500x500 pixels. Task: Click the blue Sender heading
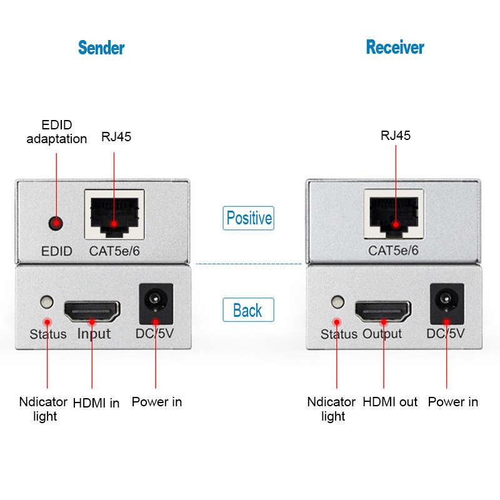tap(101, 48)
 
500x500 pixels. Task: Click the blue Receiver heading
tap(395, 47)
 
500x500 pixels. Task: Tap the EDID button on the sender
tap(56, 223)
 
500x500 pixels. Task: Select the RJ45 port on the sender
tap(114, 214)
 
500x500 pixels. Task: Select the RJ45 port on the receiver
tap(394, 214)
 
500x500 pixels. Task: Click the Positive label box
tap(248, 218)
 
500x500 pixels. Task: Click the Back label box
tap(248, 309)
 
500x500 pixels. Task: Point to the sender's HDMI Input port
tap(92, 311)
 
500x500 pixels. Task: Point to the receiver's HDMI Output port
tap(383, 311)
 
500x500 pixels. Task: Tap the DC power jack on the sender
tap(156, 304)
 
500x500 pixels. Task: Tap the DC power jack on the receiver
tap(447, 304)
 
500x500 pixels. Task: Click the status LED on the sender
tap(47, 302)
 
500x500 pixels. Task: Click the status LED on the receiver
tap(337, 302)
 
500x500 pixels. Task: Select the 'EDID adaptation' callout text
tap(57, 132)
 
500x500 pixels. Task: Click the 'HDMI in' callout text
tap(96, 402)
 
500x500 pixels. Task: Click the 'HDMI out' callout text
tap(390, 402)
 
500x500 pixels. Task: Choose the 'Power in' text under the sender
tap(157, 402)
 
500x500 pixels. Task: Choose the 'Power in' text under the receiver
tap(452, 402)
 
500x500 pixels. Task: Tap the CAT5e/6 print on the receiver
tap(394, 251)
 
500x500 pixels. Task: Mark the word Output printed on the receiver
tap(382, 334)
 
